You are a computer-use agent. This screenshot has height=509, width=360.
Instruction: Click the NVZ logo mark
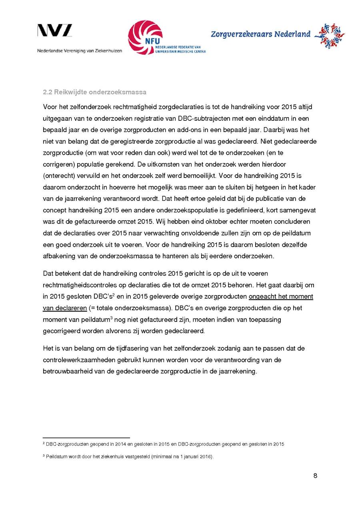[55, 31]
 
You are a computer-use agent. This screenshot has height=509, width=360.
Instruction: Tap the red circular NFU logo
[145, 37]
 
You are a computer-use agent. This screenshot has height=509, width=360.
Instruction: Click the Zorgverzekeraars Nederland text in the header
[260, 34]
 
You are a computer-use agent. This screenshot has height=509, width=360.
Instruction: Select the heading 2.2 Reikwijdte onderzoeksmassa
[94, 92]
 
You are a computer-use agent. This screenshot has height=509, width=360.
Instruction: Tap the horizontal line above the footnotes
[86, 438]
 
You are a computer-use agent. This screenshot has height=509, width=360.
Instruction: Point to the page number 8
[315, 476]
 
